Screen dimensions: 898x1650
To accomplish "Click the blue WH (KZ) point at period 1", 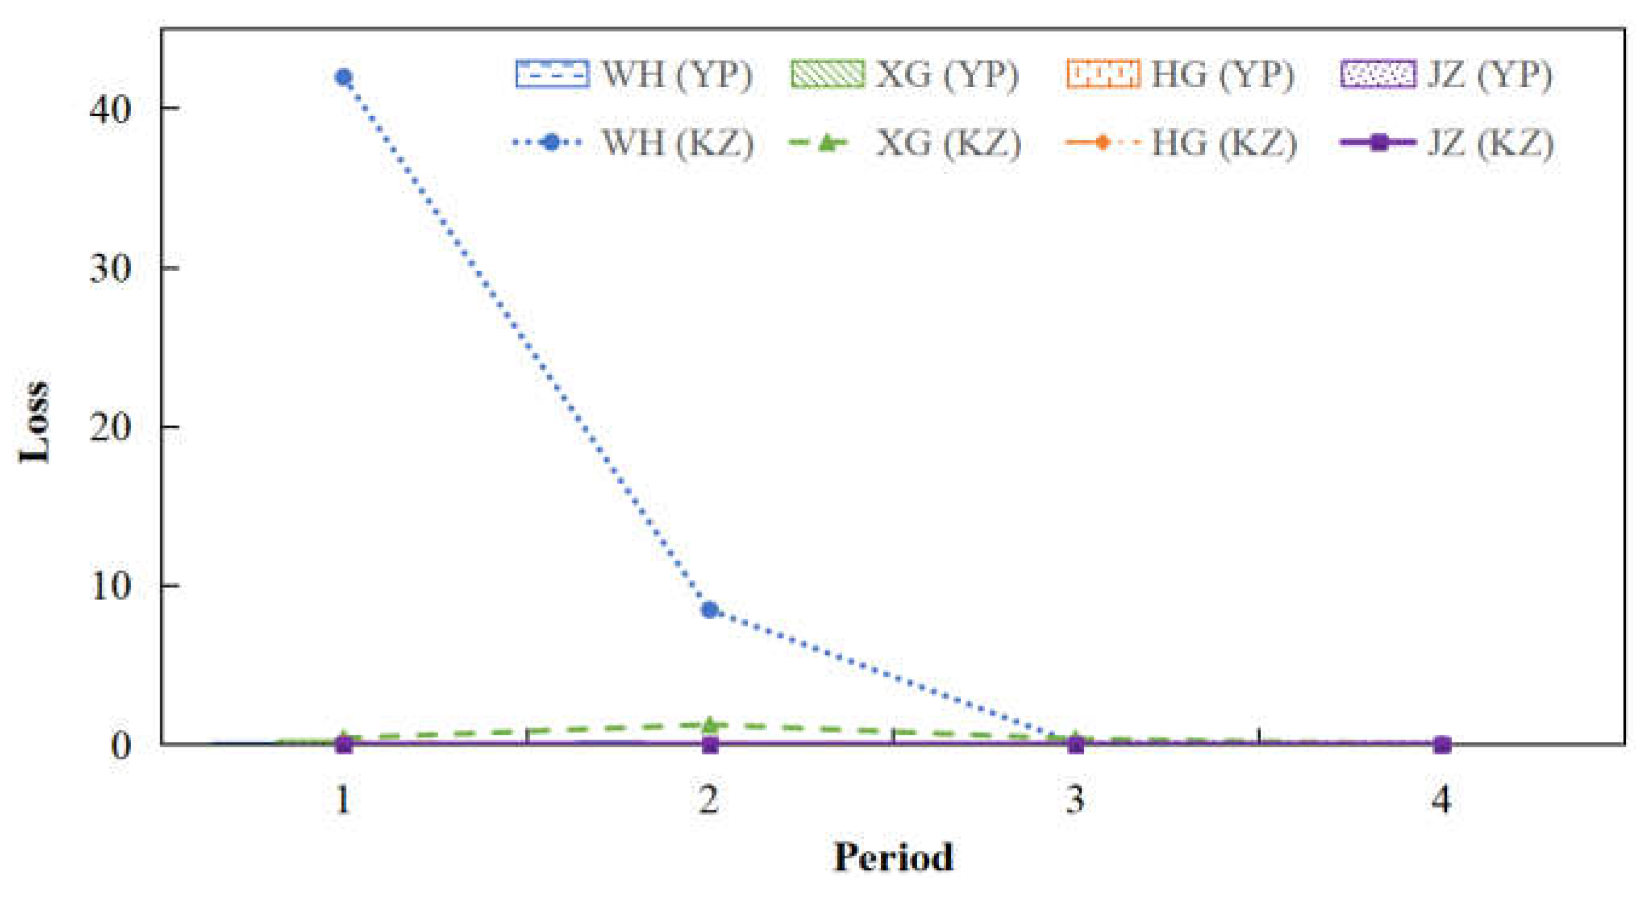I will tap(344, 77).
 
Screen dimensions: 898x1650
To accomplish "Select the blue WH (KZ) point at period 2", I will tap(710, 610).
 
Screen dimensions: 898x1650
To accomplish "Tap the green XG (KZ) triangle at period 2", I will tap(710, 724).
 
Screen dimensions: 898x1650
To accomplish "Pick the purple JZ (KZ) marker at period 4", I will tap(1441, 744).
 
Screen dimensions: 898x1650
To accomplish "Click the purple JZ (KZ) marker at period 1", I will tap(344, 744).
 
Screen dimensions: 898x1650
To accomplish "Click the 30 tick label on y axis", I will tap(110, 268).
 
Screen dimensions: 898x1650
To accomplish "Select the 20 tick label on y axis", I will tap(110, 426).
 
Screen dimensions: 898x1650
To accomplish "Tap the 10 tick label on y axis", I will tap(110, 585).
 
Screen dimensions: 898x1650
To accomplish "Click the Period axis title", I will tap(893, 857).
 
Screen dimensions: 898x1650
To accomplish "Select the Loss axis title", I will tap(33, 423).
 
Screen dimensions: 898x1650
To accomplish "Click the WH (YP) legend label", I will tap(677, 75).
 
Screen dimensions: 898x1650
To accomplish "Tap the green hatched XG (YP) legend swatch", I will tap(827, 74).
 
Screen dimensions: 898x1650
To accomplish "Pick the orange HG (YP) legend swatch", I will tap(1103, 74).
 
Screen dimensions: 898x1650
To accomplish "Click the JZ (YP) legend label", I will tap(1489, 75).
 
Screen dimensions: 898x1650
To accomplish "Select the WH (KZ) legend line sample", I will tap(550, 142).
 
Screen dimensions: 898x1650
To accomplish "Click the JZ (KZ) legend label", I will tap(1490, 142).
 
